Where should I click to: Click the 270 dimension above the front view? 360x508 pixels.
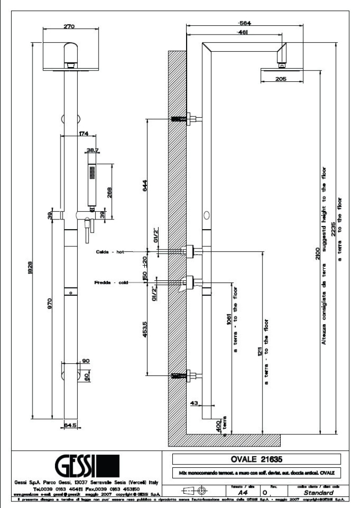tap(70, 26)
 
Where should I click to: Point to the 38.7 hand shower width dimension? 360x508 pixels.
tap(93, 150)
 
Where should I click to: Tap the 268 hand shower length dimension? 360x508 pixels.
tap(109, 193)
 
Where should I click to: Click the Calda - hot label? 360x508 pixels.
tap(107, 252)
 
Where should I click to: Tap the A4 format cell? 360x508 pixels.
tap(242, 492)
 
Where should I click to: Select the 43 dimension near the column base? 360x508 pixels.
tap(194, 402)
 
